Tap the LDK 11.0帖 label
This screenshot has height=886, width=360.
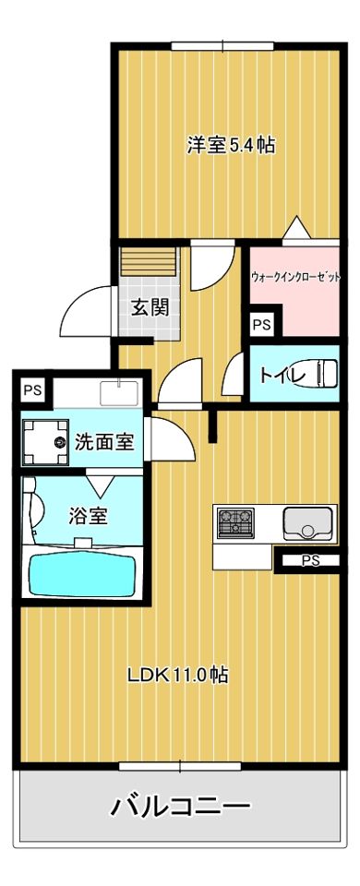[x=177, y=675]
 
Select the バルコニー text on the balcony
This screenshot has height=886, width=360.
[x=181, y=808]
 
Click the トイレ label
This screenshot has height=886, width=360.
[x=277, y=375]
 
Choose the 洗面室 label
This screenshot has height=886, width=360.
[x=104, y=441]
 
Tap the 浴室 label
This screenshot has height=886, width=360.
[x=89, y=515]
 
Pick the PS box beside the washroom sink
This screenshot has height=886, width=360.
[x=32, y=389]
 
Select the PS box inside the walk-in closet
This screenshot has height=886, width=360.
[x=261, y=325]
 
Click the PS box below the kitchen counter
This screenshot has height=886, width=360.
[x=310, y=559]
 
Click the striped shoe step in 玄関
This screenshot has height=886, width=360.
[x=144, y=261]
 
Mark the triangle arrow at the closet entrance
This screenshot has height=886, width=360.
[x=294, y=228]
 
